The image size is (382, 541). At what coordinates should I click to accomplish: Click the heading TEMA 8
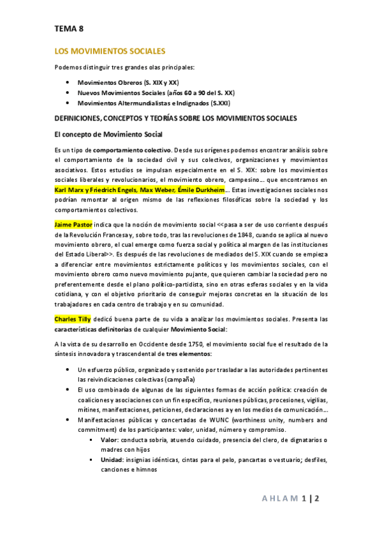(68, 28)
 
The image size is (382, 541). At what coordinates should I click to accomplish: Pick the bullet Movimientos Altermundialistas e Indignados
(153, 102)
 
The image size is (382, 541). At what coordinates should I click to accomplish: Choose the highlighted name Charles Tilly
(72, 318)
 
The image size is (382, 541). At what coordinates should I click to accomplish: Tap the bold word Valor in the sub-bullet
(109, 440)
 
